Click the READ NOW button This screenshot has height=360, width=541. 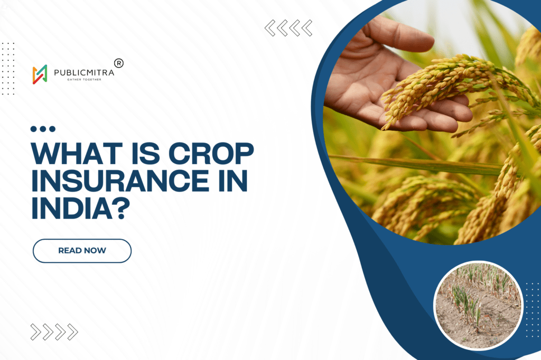coord(82,251)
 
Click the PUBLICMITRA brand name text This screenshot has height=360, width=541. coord(83,71)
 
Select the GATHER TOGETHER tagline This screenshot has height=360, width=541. coord(83,80)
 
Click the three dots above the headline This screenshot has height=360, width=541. coord(43,129)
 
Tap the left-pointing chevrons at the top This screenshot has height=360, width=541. coord(288,27)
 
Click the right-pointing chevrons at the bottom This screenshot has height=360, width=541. coord(54,331)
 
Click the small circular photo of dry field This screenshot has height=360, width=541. coord(478,305)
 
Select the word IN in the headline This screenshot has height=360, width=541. coord(231,181)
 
